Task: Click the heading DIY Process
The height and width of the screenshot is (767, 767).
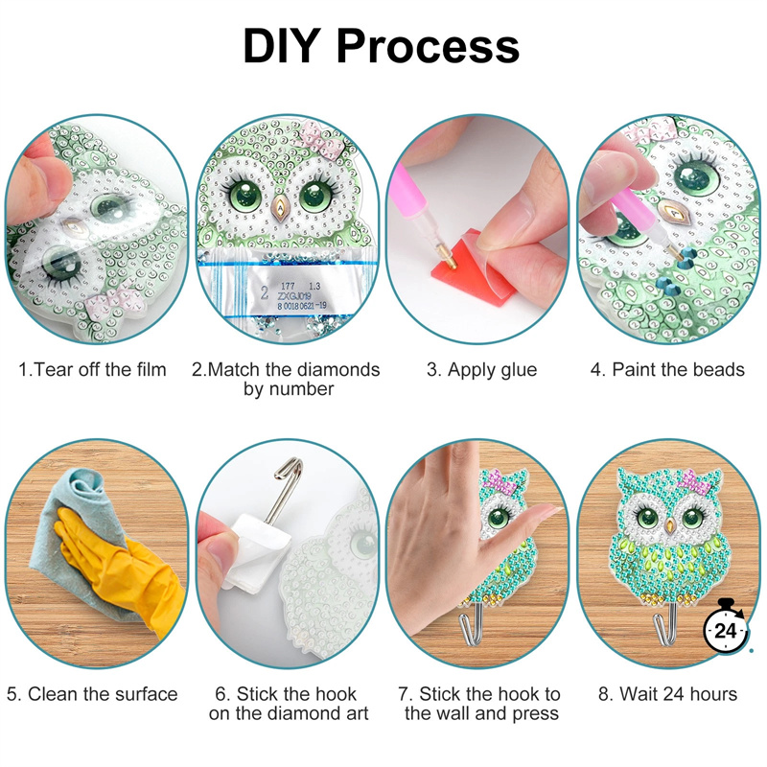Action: (381, 45)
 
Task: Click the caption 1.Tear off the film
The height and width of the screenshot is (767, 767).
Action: (92, 369)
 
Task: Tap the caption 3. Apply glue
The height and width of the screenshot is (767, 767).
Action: (482, 369)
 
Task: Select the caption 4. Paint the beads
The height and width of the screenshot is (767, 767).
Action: (667, 369)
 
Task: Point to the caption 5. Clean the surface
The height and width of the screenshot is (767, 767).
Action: (92, 694)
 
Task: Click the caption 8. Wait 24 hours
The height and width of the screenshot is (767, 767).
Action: (667, 694)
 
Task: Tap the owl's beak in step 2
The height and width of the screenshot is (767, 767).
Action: (280, 207)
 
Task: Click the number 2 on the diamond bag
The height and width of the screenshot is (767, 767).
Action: (265, 292)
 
